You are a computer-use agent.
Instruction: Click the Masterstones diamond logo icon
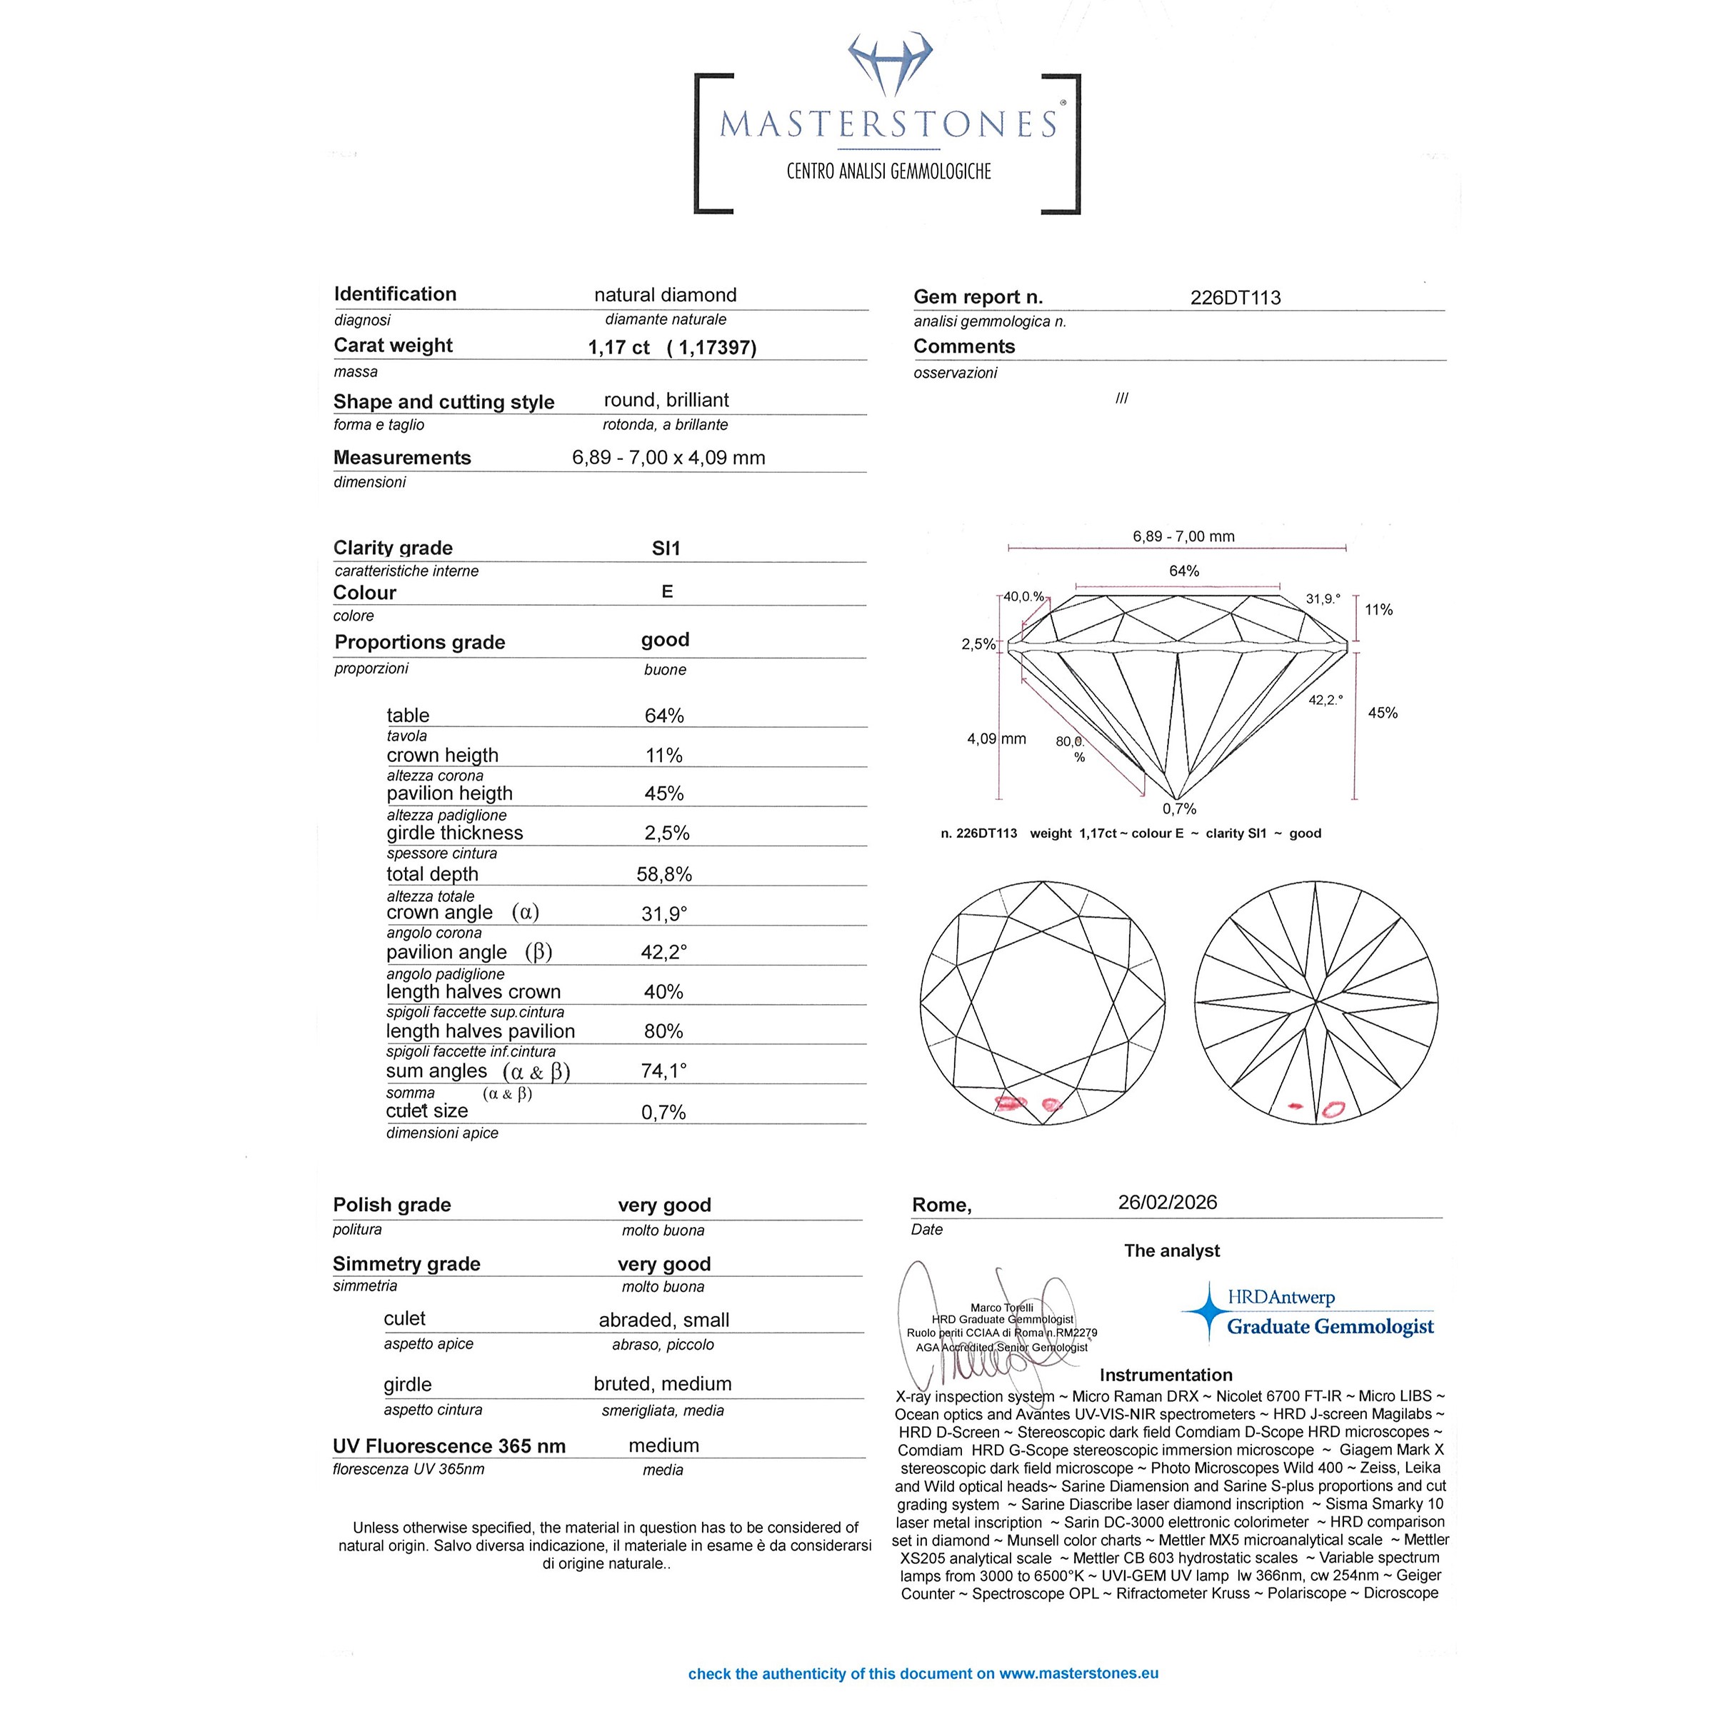point(890,64)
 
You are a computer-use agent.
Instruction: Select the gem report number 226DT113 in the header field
point(1235,298)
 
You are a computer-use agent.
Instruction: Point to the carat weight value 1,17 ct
point(618,348)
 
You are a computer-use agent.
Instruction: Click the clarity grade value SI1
point(666,548)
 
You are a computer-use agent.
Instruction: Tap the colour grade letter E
point(667,592)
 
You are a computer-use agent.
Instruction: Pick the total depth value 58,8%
point(663,874)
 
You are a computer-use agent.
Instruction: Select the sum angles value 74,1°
point(663,1071)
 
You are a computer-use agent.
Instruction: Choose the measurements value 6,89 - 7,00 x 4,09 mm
point(668,458)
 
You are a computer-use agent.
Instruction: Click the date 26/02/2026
point(1168,1202)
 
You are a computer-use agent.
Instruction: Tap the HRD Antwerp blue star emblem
point(1206,1310)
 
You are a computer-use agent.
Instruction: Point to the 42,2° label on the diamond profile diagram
point(1325,700)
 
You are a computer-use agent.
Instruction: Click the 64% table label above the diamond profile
point(1183,571)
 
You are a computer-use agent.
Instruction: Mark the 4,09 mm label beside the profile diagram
point(996,738)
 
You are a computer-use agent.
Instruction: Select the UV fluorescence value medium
point(663,1445)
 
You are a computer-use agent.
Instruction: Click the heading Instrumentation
point(1166,1375)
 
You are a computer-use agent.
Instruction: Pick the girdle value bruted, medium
point(663,1384)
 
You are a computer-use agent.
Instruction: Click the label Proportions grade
point(420,642)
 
